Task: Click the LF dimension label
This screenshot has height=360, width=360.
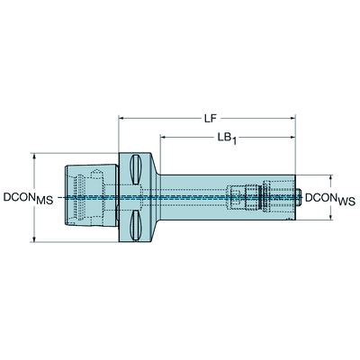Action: tap(211, 119)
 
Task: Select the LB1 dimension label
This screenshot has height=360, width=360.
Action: tap(227, 139)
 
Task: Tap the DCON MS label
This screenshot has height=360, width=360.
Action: tap(28, 198)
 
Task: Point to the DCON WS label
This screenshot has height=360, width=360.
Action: tap(330, 199)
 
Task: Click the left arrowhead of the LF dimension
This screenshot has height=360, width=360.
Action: tap(122, 119)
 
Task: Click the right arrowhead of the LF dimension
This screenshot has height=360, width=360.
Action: tap(292, 119)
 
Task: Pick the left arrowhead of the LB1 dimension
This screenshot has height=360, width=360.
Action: tap(164, 138)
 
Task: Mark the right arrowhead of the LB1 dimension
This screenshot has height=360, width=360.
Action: tap(292, 138)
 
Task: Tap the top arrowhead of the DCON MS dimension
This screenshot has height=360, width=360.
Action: tap(35, 157)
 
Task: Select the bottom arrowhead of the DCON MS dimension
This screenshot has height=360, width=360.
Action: tap(35, 238)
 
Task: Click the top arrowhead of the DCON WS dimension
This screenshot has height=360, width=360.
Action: tap(331, 178)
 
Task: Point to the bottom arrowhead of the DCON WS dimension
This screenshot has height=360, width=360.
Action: tap(331, 216)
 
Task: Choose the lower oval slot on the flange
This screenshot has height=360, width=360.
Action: tap(135, 225)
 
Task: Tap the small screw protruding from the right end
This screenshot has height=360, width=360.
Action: tap(299, 197)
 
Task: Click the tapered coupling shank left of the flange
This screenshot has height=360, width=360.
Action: tap(92, 195)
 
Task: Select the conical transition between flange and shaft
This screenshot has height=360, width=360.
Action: tap(155, 197)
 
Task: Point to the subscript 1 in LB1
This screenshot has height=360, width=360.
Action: tap(233, 141)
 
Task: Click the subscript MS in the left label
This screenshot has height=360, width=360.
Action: tap(44, 201)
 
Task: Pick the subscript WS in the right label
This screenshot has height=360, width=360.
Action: tap(346, 202)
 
